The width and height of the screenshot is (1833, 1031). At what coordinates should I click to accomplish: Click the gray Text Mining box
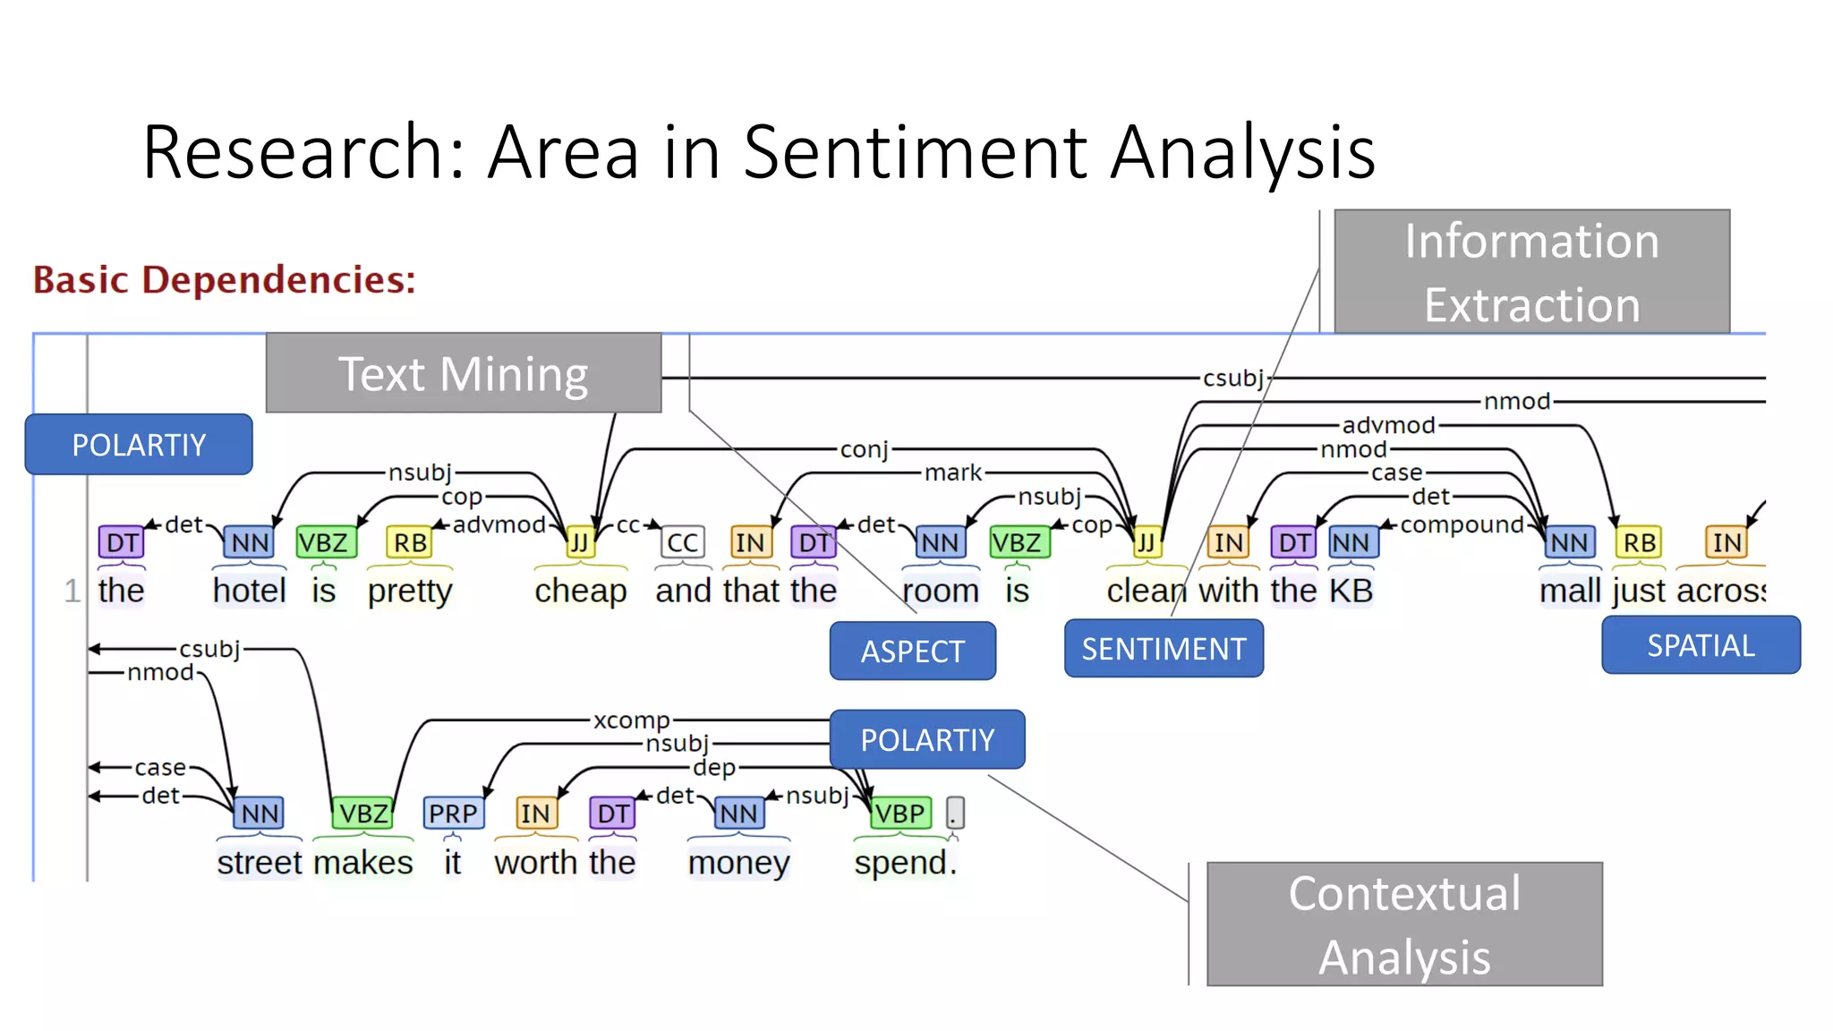click(463, 373)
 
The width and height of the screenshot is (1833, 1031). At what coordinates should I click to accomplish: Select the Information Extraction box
click(1531, 272)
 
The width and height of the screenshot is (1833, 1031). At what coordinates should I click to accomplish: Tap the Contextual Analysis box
click(1403, 924)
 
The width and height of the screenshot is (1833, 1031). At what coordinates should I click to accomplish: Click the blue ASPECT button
click(912, 652)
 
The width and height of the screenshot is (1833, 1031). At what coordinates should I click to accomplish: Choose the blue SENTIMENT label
click(1164, 649)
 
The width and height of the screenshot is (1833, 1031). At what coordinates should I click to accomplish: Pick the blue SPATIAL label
click(1701, 645)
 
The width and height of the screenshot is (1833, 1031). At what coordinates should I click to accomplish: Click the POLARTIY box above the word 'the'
click(139, 445)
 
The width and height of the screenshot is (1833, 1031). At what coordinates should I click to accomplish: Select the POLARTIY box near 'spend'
click(927, 740)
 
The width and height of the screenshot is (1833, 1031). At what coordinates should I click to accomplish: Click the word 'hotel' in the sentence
click(249, 591)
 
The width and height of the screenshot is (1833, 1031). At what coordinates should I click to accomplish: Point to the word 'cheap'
click(580, 591)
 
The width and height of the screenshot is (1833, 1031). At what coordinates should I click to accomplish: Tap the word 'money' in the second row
click(738, 863)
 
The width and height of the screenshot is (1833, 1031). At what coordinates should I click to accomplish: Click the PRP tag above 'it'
click(453, 814)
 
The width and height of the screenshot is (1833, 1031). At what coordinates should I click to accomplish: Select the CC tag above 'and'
click(682, 542)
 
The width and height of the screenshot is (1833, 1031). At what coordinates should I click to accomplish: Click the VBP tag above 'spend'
click(899, 814)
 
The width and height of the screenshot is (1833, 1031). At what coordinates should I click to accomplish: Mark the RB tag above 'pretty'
click(410, 542)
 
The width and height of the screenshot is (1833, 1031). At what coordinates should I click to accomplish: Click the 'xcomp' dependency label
click(631, 720)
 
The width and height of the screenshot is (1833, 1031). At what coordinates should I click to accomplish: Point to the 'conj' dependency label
click(864, 449)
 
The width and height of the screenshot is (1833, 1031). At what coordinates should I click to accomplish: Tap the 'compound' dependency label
click(1462, 525)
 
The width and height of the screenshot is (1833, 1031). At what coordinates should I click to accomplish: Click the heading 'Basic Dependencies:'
click(225, 280)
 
